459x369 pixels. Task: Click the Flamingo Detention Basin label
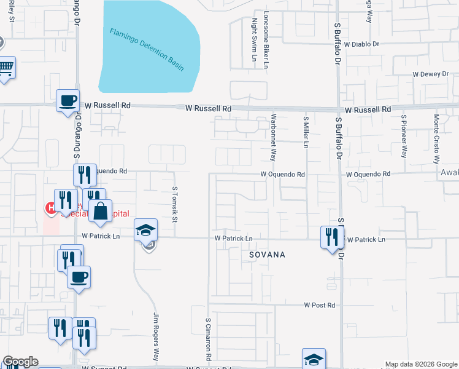147,49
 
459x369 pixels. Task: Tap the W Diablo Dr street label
362,44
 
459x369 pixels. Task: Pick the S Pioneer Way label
403,135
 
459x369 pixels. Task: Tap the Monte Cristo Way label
436,137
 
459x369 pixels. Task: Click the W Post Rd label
320,305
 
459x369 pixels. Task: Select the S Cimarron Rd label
209,338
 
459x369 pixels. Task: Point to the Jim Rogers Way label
156,337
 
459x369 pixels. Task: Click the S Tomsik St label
175,204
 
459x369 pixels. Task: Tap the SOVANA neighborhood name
267,254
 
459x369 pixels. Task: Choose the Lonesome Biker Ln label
266,39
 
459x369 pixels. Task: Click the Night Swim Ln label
253,42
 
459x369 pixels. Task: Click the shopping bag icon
100,210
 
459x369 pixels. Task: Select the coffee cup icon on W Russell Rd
67,100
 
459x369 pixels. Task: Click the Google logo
20,362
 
